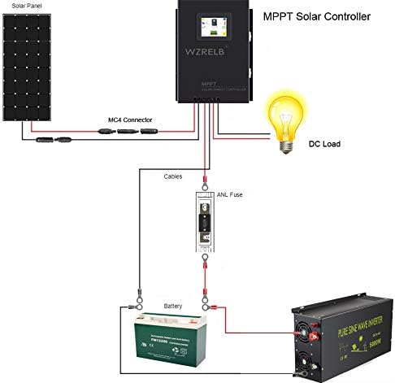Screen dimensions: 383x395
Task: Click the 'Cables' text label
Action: pyautogui.click(x=174, y=176)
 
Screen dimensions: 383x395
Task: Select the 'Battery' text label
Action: pyautogui.click(x=173, y=306)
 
